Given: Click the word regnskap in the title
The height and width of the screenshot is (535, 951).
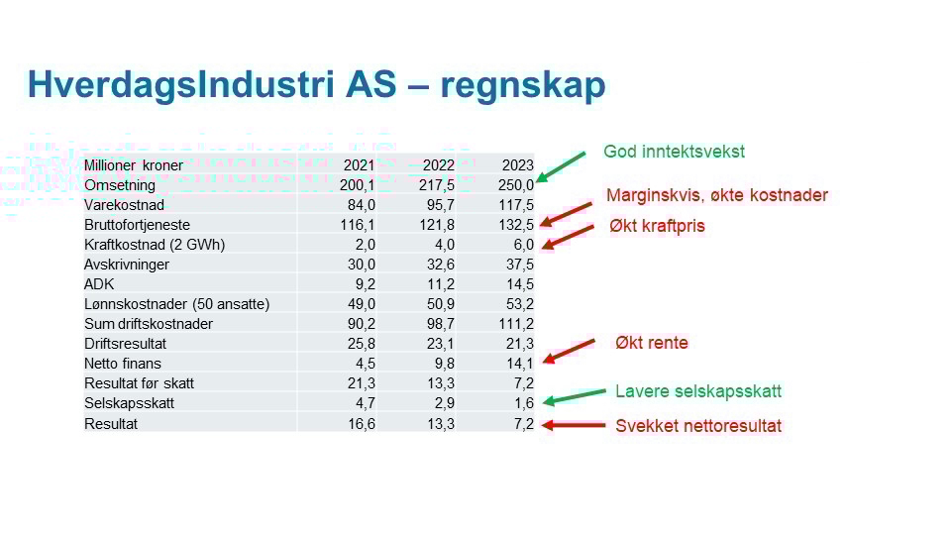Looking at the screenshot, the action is pyautogui.click(x=523, y=86).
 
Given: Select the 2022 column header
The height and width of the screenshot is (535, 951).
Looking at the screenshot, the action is pyautogui.click(x=439, y=165).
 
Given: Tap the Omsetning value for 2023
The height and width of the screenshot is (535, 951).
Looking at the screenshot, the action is pyautogui.click(x=516, y=185).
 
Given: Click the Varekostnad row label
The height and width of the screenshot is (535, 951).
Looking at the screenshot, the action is pyautogui.click(x=125, y=205).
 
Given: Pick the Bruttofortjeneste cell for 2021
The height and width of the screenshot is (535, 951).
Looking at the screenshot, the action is pyautogui.click(x=358, y=225).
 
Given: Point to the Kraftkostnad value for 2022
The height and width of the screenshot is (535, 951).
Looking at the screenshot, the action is pyautogui.click(x=445, y=245).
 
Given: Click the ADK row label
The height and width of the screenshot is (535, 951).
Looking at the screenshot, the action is pyautogui.click(x=99, y=284).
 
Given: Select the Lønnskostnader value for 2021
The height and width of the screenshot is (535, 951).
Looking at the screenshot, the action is pyautogui.click(x=362, y=304).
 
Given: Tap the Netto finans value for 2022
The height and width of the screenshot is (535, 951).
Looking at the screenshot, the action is pyautogui.click(x=445, y=364).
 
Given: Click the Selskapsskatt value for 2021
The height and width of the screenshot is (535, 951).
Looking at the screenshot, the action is pyautogui.click(x=366, y=403).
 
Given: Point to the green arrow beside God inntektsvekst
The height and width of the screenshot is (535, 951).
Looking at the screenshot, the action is pyautogui.click(x=561, y=166).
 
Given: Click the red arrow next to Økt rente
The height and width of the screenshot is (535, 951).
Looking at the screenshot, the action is pyautogui.click(x=569, y=351).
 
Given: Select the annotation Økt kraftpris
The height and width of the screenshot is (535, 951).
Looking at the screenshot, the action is pyautogui.click(x=657, y=226).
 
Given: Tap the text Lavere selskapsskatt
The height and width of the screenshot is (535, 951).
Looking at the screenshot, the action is pyautogui.click(x=698, y=391).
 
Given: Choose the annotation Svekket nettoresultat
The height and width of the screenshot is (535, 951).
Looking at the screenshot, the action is pyautogui.click(x=698, y=426).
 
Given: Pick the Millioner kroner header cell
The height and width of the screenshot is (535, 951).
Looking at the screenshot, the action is pyautogui.click(x=134, y=165).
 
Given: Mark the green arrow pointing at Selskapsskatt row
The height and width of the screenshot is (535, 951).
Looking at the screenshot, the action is pyautogui.click(x=574, y=396).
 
